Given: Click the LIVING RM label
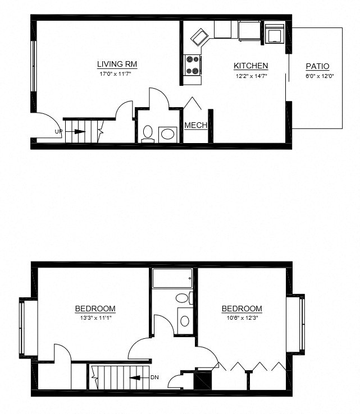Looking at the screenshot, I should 117,65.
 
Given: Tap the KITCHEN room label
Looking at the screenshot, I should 250,66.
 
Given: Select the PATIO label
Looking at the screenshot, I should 317,66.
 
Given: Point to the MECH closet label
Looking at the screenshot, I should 196,125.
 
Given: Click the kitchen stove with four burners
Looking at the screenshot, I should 193,65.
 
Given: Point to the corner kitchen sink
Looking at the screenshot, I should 200,38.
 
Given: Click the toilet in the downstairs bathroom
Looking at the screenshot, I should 148,132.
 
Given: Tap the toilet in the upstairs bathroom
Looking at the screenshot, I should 183,298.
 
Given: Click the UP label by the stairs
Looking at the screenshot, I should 58,132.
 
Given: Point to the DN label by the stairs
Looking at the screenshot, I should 154,378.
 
